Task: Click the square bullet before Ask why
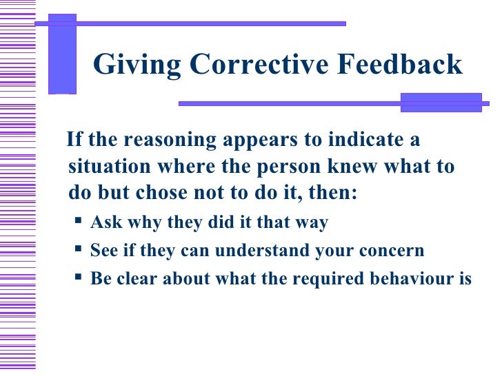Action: click(78, 222)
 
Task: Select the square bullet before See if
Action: click(78, 250)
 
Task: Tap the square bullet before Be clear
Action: click(78, 278)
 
